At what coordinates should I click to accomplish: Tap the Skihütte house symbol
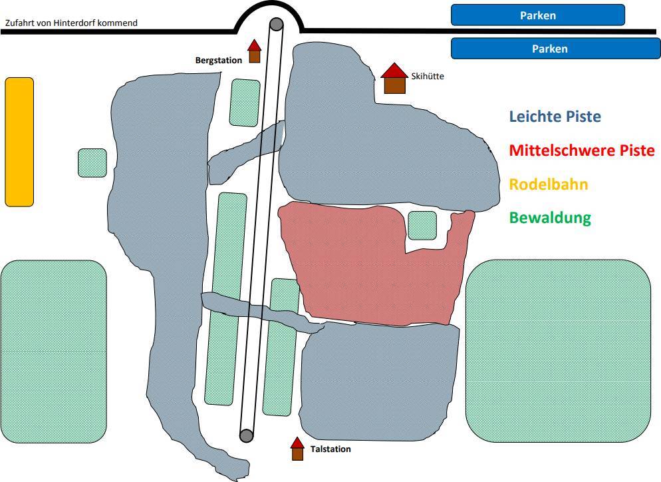[394, 79]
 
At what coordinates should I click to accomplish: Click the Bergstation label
[218, 61]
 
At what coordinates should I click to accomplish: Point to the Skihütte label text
[427, 77]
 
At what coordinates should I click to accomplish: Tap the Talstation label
[330, 449]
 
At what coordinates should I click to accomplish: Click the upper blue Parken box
[537, 15]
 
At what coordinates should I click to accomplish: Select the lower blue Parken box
[537, 49]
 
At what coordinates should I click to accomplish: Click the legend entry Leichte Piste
[555, 117]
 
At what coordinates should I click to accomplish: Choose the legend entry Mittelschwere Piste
[582, 150]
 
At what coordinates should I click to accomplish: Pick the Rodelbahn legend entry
[549, 184]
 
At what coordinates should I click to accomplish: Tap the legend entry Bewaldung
[550, 218]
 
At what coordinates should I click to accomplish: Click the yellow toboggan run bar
[19, 142]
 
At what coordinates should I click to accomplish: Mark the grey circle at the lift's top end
[276, 25]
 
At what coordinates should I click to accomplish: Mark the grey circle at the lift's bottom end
[246, 435]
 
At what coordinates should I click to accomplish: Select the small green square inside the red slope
[422, 225]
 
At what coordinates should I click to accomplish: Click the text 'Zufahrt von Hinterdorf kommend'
[71, 23]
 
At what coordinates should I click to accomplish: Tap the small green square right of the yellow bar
[92, 163]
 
